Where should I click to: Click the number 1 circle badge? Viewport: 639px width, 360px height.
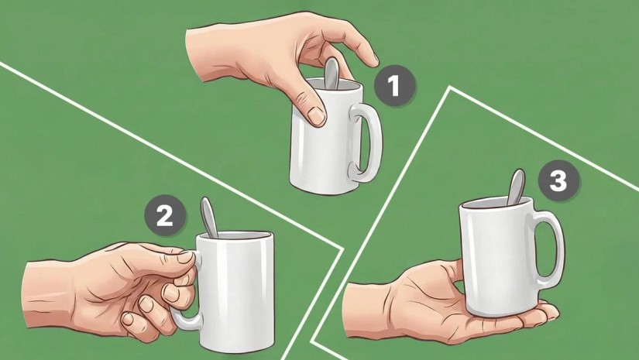(x=394, y=86)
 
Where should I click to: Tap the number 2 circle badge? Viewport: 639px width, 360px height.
(x=166, y=216)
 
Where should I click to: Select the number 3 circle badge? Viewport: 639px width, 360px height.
(x=558, y=180)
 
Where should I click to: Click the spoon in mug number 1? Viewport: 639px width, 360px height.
(x=332, y=74)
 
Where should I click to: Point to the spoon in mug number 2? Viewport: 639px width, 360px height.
(x=209, y=217)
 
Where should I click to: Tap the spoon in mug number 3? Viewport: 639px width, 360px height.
(x=516, y=187)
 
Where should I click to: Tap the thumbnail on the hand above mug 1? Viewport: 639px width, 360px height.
(x=317, y=115)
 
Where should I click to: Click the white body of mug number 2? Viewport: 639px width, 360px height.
(x=235, y=293)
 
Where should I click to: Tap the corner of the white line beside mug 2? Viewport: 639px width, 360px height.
(x=341, y=248)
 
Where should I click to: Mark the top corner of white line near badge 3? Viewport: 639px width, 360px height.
(x=450, y=87)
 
